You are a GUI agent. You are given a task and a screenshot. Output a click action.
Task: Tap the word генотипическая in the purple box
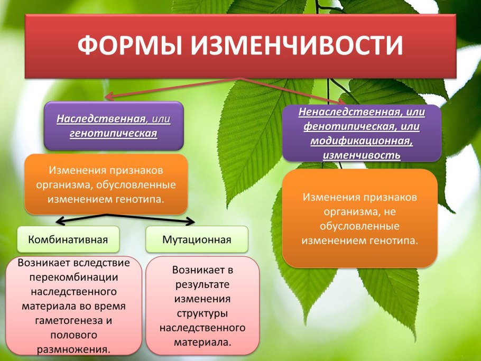coord(114,133)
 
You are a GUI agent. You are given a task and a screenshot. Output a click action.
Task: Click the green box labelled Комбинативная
coord(69,239)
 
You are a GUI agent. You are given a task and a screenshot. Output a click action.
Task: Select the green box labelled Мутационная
coord(197,239)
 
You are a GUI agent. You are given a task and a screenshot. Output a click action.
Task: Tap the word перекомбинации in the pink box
coord(74,276)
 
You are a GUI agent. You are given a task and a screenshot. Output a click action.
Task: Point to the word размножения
coord(73,349)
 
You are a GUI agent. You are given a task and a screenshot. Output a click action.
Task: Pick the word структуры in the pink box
coord(202,313)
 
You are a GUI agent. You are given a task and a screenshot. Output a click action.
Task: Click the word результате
coord(202,284)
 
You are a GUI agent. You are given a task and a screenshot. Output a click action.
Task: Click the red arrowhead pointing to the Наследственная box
coord(107,97)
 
